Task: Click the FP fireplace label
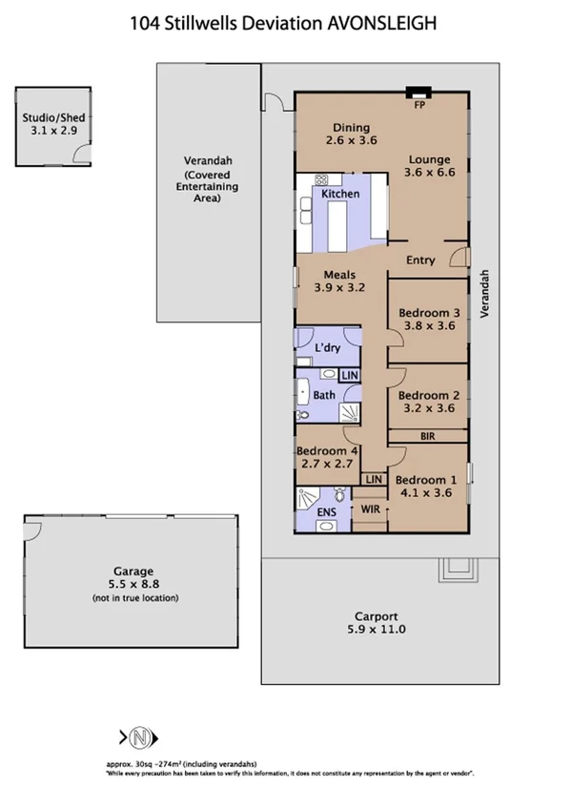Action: pyautogui.click(x=418, y=105)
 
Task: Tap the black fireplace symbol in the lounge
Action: pyautogui.click(x=418, y=93)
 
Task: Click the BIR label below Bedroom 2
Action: pyautogui.click(x=427, y=436)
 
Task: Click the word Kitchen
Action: pyautogui.click(x=340, y=195)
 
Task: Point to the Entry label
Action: pyautogui.click(x=420, y=259)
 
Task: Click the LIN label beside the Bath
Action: pyautogui.click(x=350, y=376)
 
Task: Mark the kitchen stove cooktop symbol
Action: pyautogui.click(x=321, y=180)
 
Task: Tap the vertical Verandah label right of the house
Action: pyautogui.click(x=485, y=293)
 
